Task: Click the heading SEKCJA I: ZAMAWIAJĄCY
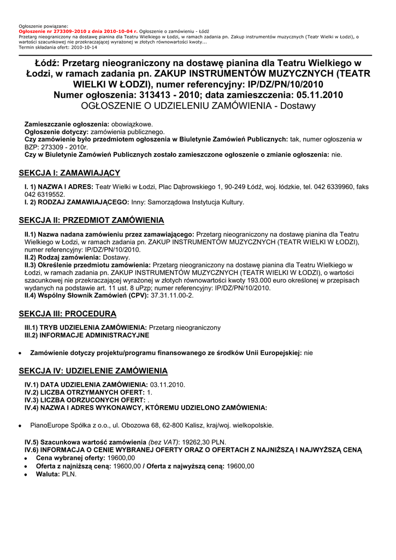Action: coord(69,173)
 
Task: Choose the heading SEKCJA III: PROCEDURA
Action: coord(68,314)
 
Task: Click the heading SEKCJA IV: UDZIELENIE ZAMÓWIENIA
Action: coord(93,371)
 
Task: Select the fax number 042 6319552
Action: coord(45,194)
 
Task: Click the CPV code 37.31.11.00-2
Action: coord(172,295)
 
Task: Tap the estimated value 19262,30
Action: coord(196,442)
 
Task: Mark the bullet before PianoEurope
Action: coord(20,425)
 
